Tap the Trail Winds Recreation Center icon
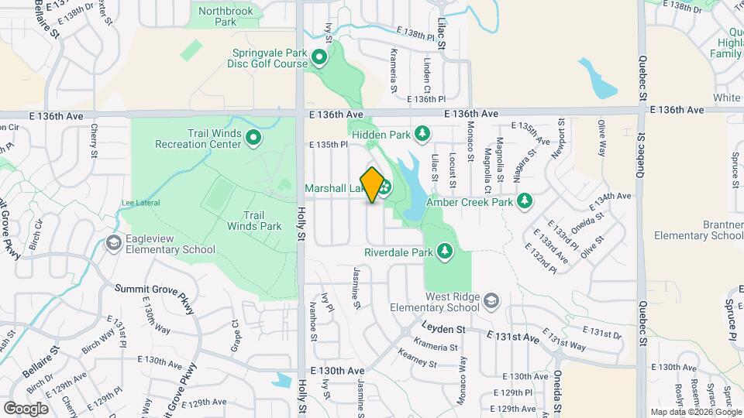click(x=253, y=139)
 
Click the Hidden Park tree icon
click(x=422, y=134)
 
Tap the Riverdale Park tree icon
click(x=444, y=252)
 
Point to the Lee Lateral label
click(x=140, y=203)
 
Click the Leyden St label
click(x=444, y=329)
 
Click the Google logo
click(x=26, y=408)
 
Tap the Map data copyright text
click(x=696, y=412)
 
